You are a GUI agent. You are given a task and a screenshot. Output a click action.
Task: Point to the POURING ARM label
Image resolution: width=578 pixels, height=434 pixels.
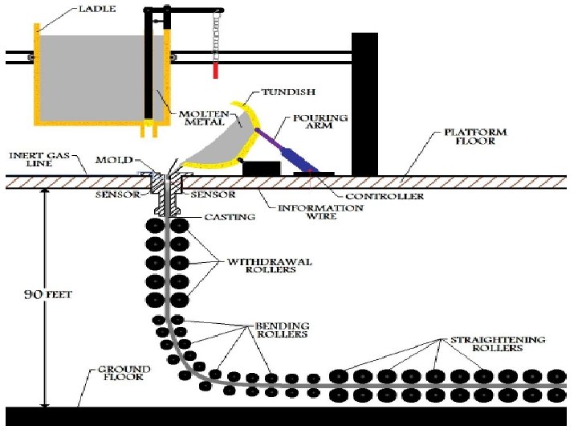tap(327, 123)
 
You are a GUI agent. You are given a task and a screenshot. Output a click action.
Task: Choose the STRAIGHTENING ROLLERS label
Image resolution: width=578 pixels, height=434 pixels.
tap(497, 344)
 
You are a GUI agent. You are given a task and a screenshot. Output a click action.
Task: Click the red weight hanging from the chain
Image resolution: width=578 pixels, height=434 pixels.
tap(215, 71)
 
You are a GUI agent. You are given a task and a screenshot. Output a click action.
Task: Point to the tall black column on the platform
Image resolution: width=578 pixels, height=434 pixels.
tap(364, 104)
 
